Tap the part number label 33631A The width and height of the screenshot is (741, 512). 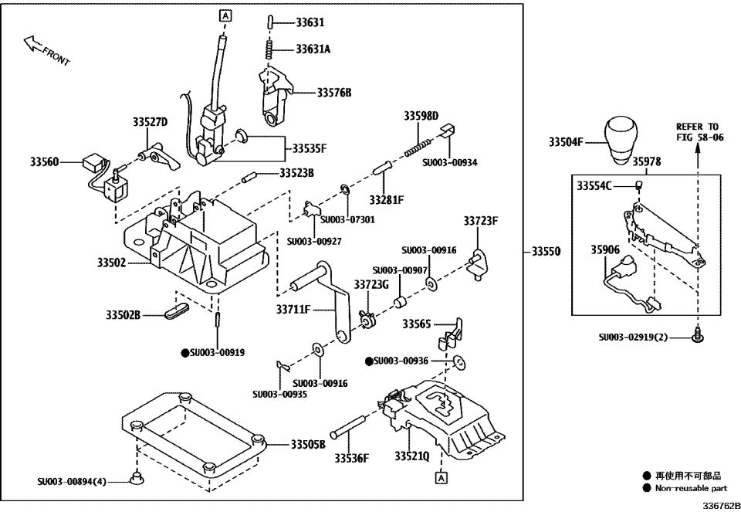313,49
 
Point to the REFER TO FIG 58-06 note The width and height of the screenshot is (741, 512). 697,132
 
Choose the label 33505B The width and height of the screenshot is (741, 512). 308,445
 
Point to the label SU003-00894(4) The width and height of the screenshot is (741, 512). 72,481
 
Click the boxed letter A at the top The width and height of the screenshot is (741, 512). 225,15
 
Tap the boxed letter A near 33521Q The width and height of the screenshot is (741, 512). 440,478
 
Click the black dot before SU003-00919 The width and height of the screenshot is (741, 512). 184,352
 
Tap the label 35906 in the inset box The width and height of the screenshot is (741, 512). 605,250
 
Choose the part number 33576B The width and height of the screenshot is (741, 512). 333,93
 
